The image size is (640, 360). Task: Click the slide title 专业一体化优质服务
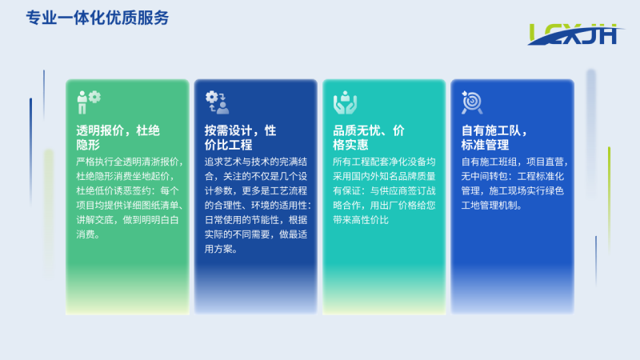click(97, 18)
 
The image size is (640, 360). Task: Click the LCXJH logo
click(576, 34)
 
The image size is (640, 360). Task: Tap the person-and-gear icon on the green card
click(89, 102)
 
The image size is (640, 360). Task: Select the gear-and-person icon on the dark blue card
click(217, 102)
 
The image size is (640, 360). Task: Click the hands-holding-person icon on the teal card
click(346, 102)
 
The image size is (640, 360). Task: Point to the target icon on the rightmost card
click(472, 102)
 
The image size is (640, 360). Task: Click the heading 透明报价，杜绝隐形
click(118, 138)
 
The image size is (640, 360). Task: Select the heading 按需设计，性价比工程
click(241, 138)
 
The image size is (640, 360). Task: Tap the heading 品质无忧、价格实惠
click(369, 138)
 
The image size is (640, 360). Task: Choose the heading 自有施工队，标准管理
click(494, 138)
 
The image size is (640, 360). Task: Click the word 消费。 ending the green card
click(88, 234)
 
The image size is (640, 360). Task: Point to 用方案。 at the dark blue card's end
click(221, 249)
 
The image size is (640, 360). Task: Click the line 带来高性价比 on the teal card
click(361, 220)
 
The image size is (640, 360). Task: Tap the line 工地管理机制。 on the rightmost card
click(492, 206)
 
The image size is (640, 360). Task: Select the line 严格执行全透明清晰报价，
click(130, 162)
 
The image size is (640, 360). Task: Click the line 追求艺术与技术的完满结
click(256, 162)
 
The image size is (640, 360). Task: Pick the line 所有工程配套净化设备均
click(384, 162)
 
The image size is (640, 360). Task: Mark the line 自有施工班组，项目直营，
click(514, 162)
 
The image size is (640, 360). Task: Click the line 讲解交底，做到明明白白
click(127, 220)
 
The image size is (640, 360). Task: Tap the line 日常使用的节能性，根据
click(256, 220)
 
